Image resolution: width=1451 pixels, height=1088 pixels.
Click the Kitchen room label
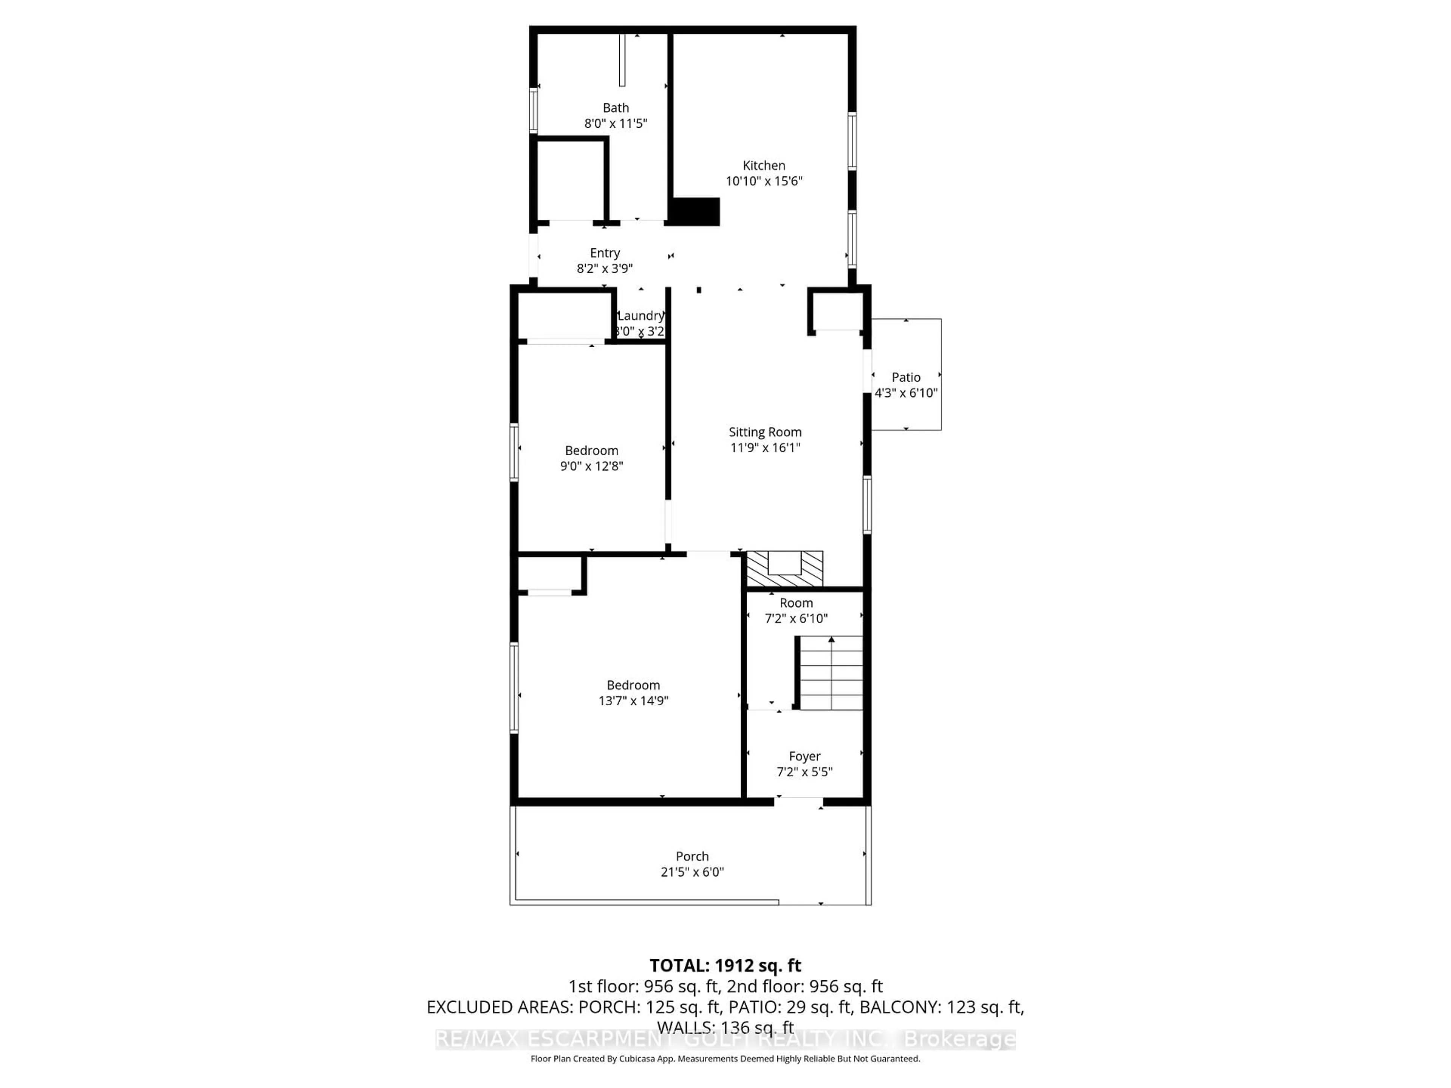click(764, 165)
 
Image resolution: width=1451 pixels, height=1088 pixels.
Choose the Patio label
click(905, 377)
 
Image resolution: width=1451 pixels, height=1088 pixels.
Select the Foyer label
click(804, 756)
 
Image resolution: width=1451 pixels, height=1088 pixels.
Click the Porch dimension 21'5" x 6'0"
click(691, 872)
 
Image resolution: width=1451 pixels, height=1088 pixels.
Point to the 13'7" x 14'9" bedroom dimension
click(633, 700)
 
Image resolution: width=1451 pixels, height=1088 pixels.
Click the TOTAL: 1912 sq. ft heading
click(725, 965)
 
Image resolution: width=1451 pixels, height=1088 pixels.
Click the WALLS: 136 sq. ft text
click(725, 1027)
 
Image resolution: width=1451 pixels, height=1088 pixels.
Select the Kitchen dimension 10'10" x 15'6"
click(764, 181)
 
